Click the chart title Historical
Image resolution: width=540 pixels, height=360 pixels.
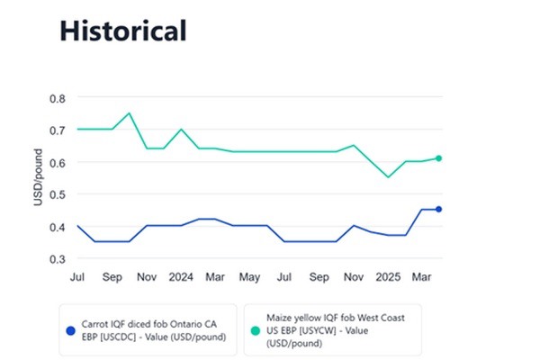122,31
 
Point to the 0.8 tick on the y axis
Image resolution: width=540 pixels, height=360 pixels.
58,97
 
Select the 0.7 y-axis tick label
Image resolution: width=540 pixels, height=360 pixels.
58,130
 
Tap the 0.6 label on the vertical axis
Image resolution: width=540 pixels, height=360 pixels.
58,162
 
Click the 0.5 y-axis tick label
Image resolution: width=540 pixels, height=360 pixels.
58,194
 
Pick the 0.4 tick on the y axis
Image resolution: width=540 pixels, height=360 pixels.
58,227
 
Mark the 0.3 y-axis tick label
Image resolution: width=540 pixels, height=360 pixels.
58,259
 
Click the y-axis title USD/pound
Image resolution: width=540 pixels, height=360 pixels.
39,178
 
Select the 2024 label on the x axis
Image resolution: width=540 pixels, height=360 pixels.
182,276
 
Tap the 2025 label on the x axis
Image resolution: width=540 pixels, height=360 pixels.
388,276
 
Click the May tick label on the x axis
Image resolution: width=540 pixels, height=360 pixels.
250,276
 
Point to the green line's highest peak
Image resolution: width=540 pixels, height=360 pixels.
130,113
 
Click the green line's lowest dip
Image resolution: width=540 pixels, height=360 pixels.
388,177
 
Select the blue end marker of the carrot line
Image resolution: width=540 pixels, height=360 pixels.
438,210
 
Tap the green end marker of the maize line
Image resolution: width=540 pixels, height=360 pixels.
438,158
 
